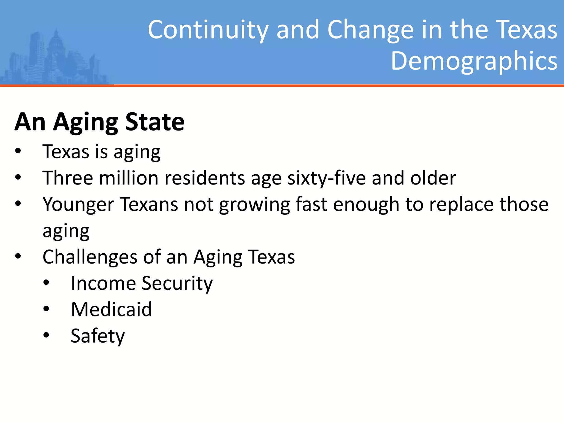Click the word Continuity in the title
click(208, 30)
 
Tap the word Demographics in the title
click(474, 61)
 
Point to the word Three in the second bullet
click(68, 178)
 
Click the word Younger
click(78, 204)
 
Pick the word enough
click(366, 204)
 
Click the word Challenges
click(90, 257)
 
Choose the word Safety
click(98, 336)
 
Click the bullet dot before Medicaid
click(46, 309)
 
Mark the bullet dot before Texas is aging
click(18, 151)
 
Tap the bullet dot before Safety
click(46, 335)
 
